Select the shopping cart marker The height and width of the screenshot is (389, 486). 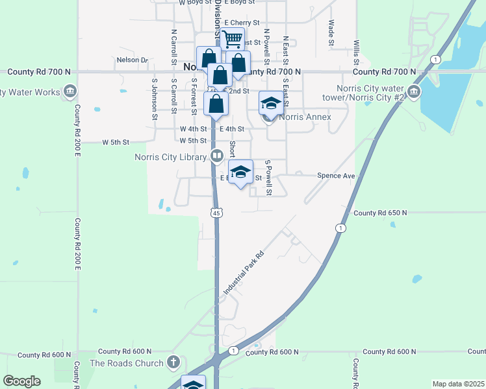(x=232, y=39)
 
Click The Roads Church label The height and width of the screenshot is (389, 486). (x=127, y=363)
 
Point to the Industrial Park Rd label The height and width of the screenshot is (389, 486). (x=244, y=274)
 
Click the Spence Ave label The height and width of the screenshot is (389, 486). (x=336, y=176)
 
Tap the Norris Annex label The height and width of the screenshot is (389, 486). (x=305, y=117)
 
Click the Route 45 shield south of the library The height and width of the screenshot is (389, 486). (x=216, y=212)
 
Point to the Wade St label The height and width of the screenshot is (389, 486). (x=331, y=32)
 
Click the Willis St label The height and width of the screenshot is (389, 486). (x=357, y=52)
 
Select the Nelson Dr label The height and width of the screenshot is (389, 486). (x=132, y=60)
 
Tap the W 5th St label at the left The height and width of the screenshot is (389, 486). (x=116, y=141)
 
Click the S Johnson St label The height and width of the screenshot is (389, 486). (x=155, y=100)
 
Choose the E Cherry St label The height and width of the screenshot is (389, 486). (x=242, y=22)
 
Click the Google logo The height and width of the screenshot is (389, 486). (x=21, y=381)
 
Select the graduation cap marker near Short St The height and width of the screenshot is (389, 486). (x=240, y=172)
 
